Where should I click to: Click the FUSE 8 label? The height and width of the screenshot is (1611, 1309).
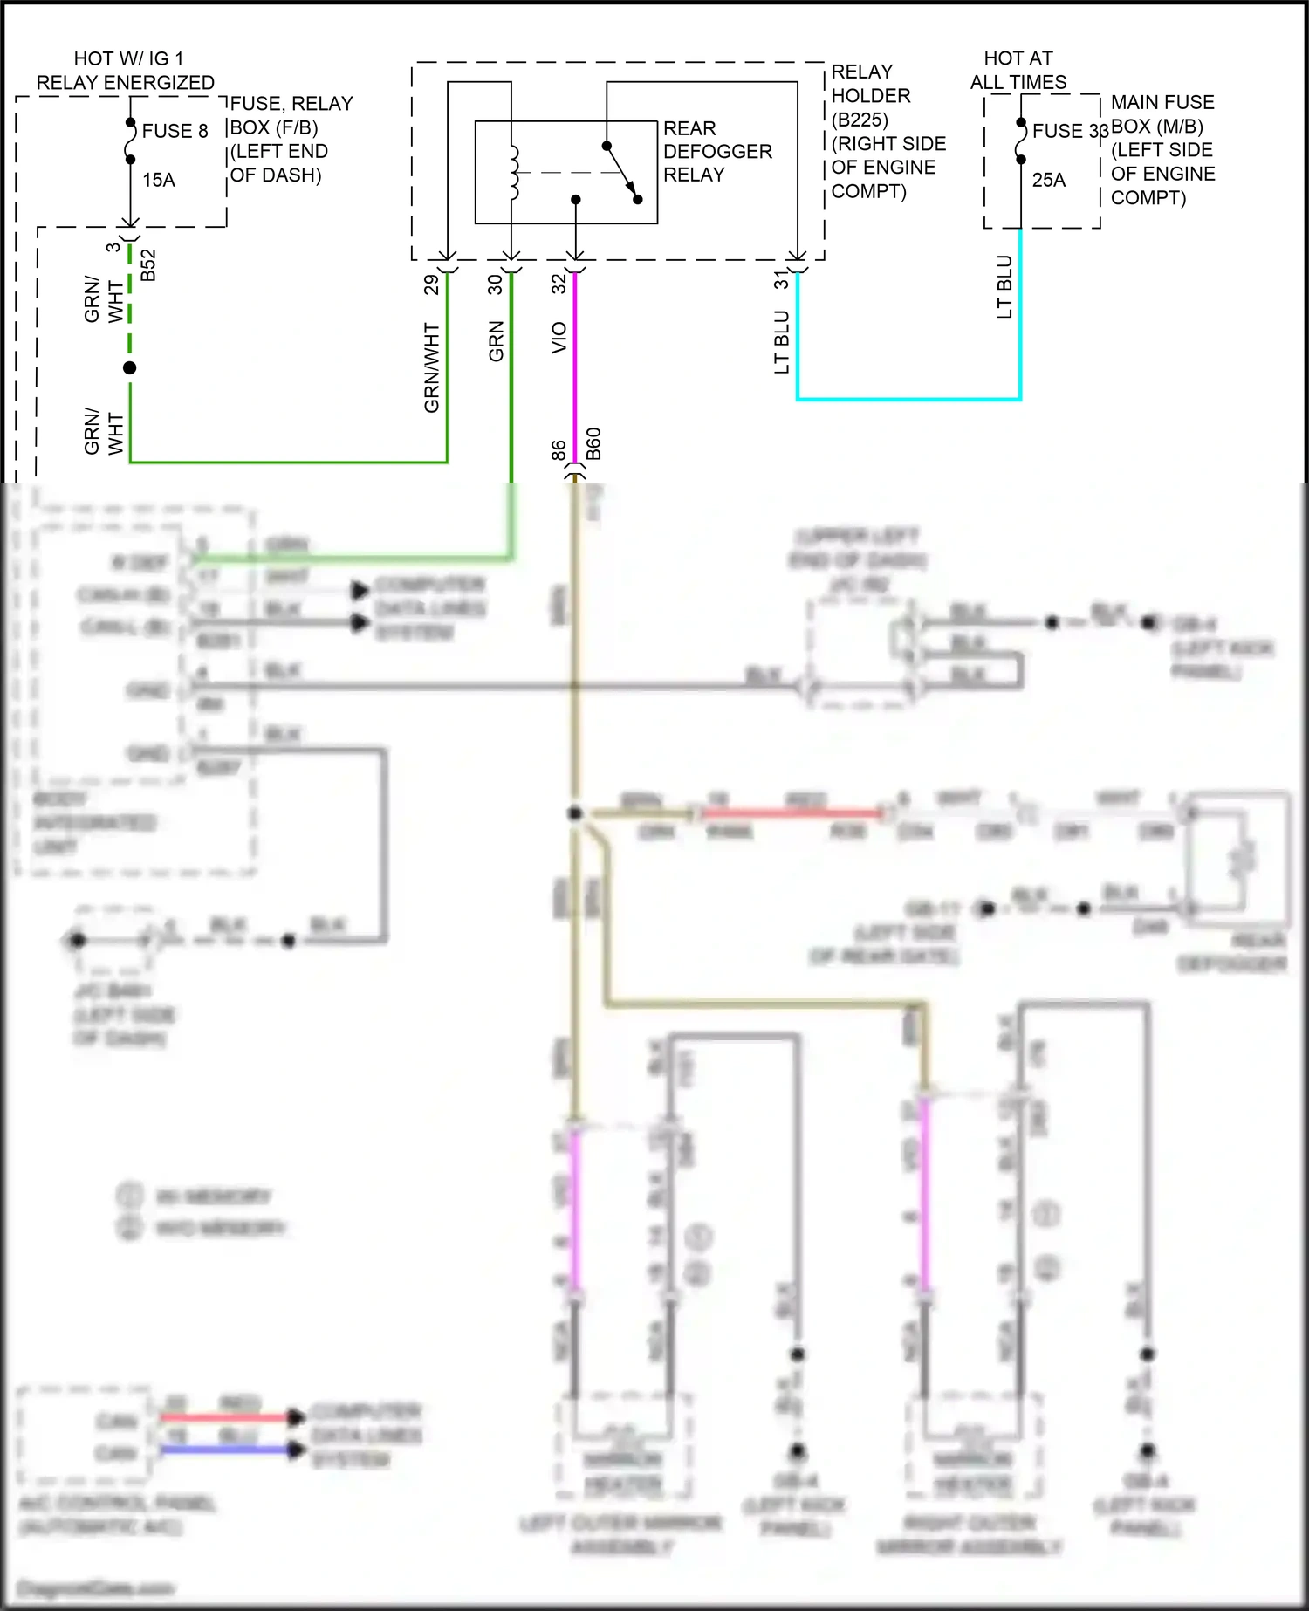[175, 131]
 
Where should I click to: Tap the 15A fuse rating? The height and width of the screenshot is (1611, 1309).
[159, 180]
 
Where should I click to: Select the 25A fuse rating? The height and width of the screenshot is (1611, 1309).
[1048, 180]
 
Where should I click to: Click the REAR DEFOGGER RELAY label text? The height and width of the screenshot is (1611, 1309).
[716, 151]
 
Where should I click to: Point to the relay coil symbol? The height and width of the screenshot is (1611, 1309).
[513, 173]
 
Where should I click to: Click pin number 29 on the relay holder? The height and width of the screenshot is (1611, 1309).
[431, 284]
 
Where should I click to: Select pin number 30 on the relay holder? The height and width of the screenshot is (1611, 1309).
[495, 284]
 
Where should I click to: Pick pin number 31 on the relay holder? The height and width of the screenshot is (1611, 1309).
[781, 280]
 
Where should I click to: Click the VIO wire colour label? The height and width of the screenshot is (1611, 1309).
[559, 338]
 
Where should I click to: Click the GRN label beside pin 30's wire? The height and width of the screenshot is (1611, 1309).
[496, 341]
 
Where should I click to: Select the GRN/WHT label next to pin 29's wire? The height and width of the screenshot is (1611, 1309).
[431, 367]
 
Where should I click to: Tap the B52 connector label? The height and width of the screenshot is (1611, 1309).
[148, 265]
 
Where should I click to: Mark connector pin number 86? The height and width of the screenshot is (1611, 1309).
[559, 450]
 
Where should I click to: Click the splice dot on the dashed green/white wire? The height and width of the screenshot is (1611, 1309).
[130, 367]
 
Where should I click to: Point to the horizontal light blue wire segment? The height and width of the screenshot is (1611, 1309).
[908, 399]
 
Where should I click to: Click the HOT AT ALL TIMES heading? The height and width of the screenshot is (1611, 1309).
[1018, 70]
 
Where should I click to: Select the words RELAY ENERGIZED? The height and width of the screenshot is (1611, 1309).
[126, 83]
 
